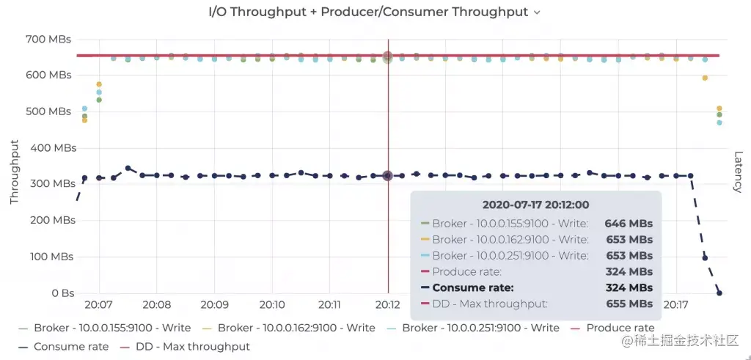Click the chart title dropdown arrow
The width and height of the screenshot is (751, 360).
(537, 12)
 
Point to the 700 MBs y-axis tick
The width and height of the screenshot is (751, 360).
(49, 39)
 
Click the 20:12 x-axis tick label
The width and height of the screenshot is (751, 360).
(388, 304)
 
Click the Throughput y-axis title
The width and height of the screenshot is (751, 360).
(14, 172)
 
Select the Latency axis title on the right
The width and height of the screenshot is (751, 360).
(738, 172)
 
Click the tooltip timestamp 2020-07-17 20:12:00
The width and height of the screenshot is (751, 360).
(535, 205)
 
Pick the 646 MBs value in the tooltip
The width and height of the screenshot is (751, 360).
(628, 224)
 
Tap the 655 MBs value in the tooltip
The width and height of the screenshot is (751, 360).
(628, 304)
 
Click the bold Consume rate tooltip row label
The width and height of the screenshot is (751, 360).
(472, 287)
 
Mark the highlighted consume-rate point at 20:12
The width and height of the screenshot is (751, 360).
(388, 175)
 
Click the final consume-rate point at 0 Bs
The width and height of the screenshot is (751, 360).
(719, 293)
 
